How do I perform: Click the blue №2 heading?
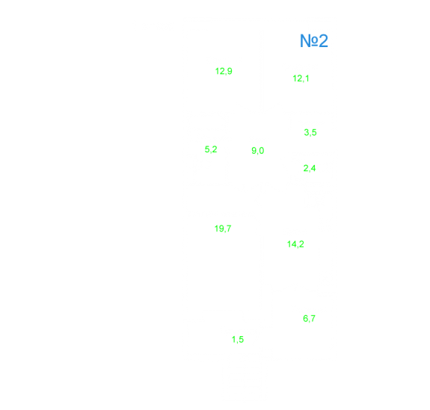point(314,41)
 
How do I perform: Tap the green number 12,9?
point(224,71)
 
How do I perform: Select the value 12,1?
point(301,78)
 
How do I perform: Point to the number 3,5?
point(310,132)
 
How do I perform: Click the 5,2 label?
point(211,149)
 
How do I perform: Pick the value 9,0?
point(258,151)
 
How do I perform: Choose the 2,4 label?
point(310,168)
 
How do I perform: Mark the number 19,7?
point(223,229)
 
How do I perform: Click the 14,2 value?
point(295,244)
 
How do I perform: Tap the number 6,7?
point(310,319)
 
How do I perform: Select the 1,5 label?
point(238,340)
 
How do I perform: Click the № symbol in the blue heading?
point(309,41)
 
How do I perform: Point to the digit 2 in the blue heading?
point(323,41)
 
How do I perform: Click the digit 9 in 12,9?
point(230,71)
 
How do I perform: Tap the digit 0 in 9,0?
point(262,150)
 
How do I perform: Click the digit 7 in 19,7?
point(229,229)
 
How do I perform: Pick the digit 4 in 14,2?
point(294,243)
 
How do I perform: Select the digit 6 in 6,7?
point(306,318)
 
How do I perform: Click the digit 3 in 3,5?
point(307,132)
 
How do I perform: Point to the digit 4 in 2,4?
point(313,168)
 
